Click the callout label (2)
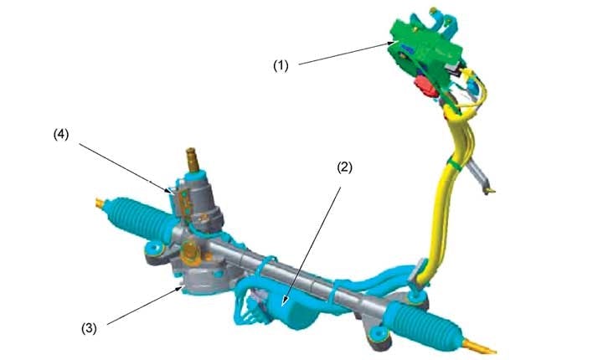(x=345, y=167)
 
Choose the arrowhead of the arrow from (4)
(x=175, y=193)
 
